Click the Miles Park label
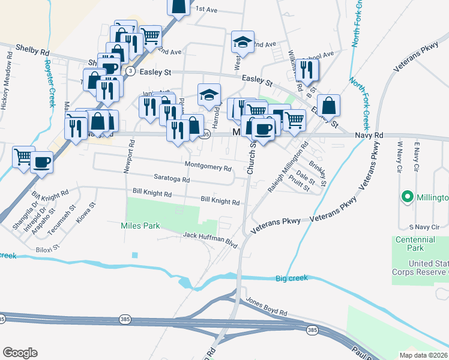140,226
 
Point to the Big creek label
292,278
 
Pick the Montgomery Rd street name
208,166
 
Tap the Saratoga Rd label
172,179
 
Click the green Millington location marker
408,197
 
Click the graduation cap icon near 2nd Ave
243,41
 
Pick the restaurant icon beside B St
307,70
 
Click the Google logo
20,353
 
